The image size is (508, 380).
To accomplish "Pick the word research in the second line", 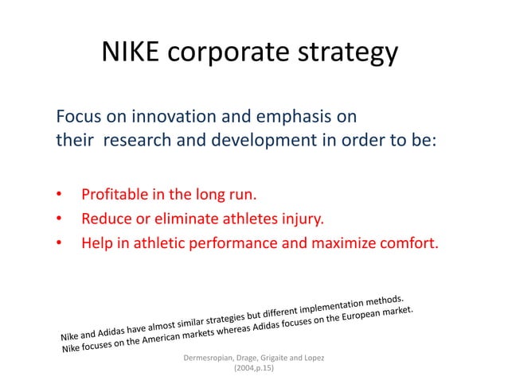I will click(136, 146).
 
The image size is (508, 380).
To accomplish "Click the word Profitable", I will click(116, 194).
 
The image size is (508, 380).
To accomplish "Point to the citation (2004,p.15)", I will click(253, 370).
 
